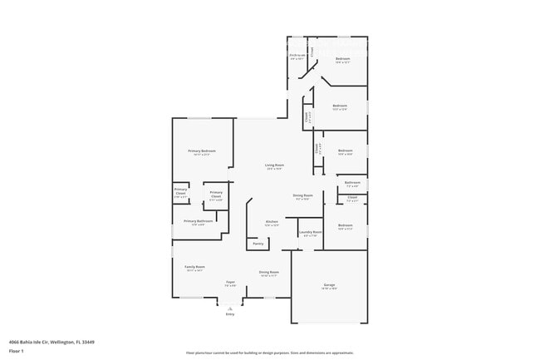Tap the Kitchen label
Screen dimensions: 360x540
(272, 222)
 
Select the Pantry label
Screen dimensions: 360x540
(258, 244)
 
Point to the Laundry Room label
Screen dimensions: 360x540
(312, 233)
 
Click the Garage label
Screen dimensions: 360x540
(329, 285)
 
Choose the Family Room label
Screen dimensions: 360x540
(194, 267)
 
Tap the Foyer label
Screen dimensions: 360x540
(230, 283)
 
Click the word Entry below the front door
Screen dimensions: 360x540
(230, 314)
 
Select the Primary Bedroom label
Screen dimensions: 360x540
(201, 150)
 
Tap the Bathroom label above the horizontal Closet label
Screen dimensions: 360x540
(352, 183)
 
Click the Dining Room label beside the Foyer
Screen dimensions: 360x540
(268, 273)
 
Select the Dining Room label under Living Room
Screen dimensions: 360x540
(302, 195)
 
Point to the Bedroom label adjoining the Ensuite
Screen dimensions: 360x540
(342, 59)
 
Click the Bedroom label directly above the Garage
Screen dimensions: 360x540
(345, 225)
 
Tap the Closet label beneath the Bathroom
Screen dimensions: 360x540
(352, 197)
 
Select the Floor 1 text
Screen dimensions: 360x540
(16, 352)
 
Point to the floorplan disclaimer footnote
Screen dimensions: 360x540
(269, 353)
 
